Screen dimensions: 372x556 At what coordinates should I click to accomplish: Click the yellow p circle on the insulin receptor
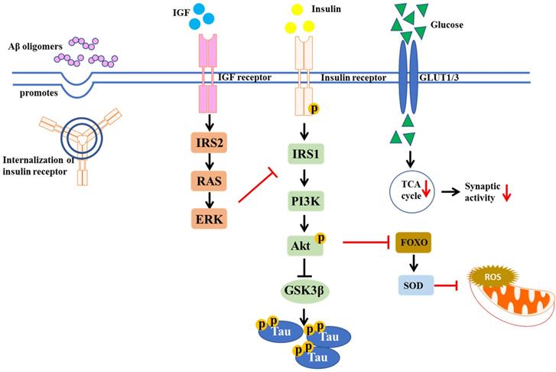click(x=313, y=110)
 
